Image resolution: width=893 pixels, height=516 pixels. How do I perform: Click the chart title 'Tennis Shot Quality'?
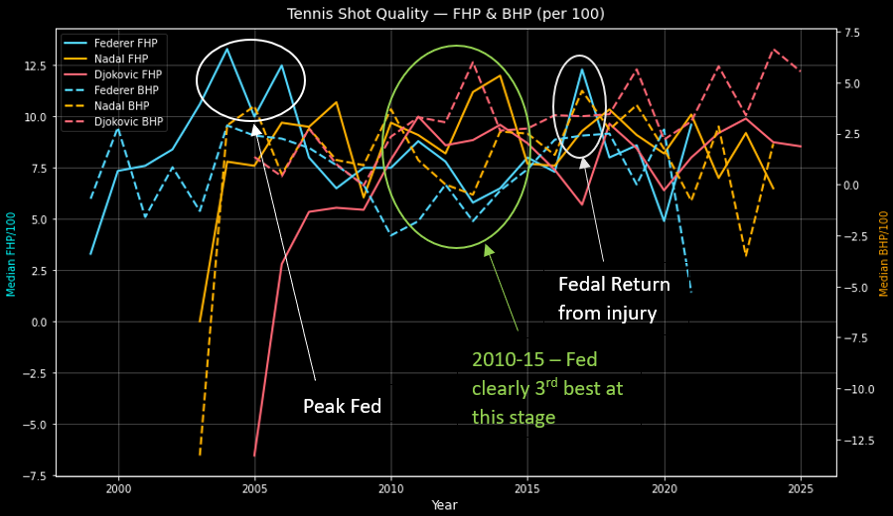[445, 14]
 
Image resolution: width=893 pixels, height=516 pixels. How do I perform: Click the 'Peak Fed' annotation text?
[342, 407]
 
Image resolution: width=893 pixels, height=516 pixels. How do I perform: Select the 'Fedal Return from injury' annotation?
[613, 299]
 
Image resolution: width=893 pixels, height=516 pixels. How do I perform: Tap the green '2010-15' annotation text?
[547, 388]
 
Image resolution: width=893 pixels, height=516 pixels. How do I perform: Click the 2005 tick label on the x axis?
[255, 489]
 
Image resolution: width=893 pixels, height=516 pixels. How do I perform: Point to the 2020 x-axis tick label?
[665, 489]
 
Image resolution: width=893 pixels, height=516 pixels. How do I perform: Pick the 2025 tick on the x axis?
[801, 489]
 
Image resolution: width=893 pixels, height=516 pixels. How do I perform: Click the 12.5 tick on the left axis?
[34, 65]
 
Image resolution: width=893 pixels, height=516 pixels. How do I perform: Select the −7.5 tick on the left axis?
[34, 476]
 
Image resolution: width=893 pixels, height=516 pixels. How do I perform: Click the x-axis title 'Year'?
[445, 505]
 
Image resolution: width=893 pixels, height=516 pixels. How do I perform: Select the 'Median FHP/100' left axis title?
[11, 252]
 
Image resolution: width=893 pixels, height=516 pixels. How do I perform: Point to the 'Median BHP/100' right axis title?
[883, 252]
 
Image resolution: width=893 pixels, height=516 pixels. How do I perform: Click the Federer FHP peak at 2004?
[227, 49]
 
